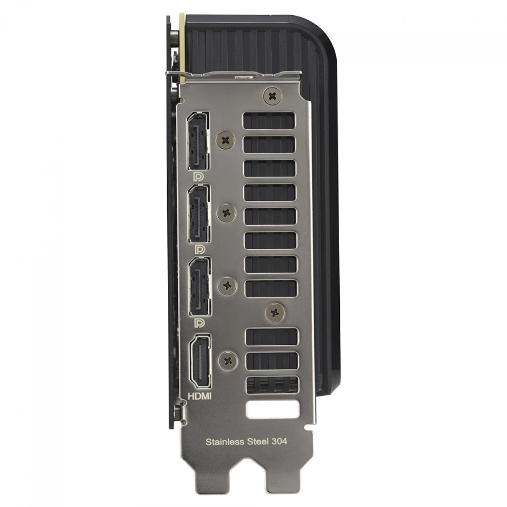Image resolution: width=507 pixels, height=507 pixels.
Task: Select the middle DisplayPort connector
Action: (199, 213)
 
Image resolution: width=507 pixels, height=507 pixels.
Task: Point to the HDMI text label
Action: (200, 396)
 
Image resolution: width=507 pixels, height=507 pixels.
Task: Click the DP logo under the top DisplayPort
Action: (199, 177)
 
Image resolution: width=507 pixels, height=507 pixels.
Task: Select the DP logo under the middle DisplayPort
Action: (199, 249)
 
